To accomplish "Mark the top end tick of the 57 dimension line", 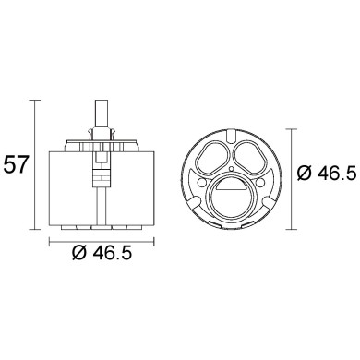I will tap(37, 100).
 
